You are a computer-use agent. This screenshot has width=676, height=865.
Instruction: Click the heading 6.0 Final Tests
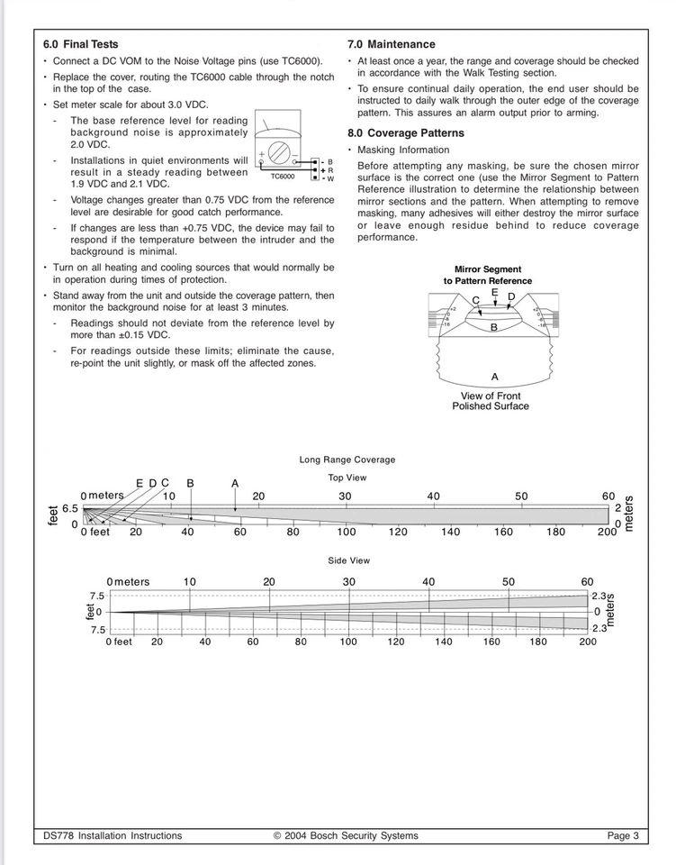click(80, 44)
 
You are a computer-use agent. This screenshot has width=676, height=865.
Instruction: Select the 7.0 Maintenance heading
click(391, 44)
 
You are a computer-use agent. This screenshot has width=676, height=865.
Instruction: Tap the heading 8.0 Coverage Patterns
click(405, 133)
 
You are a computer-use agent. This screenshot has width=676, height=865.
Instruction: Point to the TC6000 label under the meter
click(282, 177)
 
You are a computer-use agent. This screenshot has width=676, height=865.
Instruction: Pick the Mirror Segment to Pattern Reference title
click(487, 275)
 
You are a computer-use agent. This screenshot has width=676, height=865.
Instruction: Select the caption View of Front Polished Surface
click(490, 401)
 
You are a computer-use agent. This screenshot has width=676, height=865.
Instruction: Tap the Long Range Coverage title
click(347, 460)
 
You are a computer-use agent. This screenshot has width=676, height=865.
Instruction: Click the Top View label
click(347, 478)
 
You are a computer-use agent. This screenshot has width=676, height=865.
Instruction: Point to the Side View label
click(348, 560)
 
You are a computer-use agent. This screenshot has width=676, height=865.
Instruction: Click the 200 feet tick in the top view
click(608, 533)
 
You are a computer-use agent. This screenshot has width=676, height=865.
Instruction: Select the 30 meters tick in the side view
click(348, 582)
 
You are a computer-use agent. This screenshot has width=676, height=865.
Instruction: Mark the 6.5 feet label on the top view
click(70, 509)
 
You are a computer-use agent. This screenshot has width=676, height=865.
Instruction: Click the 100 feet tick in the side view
click(347, 642)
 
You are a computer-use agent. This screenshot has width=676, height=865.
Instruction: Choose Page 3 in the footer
click(623, 836)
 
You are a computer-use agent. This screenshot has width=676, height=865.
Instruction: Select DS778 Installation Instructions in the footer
click(113, 836)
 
